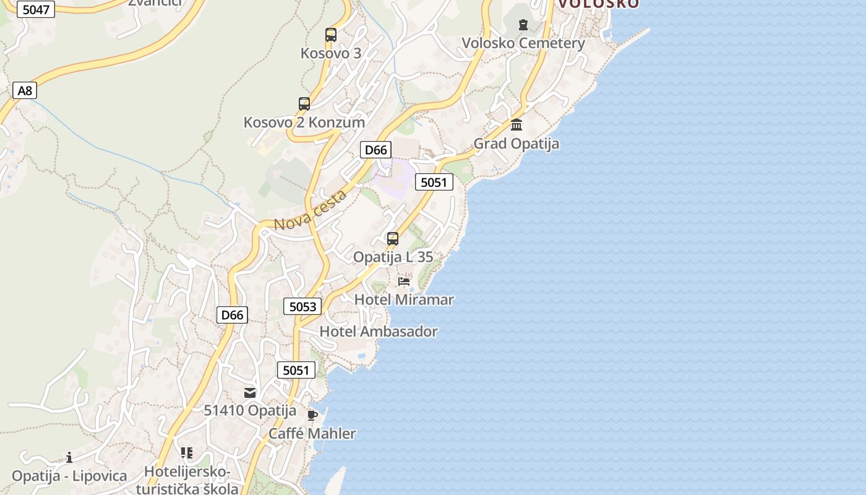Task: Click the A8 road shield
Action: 25,91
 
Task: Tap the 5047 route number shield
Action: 35,9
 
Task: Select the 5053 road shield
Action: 302,306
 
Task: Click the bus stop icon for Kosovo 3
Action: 331,35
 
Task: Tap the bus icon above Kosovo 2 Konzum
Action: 304,103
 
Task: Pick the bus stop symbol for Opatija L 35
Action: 392,238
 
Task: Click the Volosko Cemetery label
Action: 523,43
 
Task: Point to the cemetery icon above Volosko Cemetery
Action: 523,25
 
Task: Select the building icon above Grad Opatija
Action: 517,125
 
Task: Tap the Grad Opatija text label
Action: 516,144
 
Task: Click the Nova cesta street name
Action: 311,211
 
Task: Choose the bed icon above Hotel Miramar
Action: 404,282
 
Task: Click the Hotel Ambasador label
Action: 378,332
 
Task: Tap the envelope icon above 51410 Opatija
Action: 250,392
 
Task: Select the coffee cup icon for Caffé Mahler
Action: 312,415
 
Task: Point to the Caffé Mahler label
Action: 312,433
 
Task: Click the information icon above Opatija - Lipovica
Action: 69,457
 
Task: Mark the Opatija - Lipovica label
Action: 69,476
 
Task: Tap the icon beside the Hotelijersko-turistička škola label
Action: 187,453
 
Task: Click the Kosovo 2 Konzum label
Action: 304,122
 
